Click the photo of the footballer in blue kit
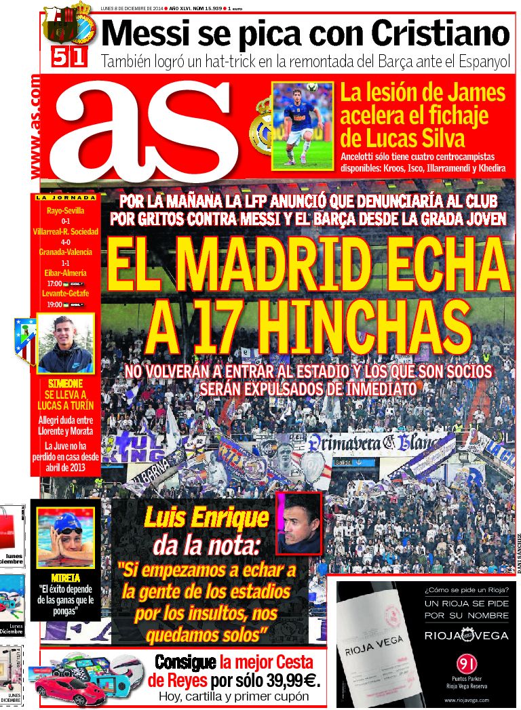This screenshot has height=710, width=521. (x=303, y=125)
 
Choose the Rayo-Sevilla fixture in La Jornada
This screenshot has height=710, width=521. (x=66, y=211)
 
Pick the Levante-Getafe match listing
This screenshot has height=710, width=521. (x=66, y=294)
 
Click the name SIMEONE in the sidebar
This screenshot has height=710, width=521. (x=66, y=382)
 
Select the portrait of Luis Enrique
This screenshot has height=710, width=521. (x=298, y=523)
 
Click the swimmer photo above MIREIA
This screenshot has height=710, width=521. (x=66, y=535)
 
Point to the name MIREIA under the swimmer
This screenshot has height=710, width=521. (x=66, y=577)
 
